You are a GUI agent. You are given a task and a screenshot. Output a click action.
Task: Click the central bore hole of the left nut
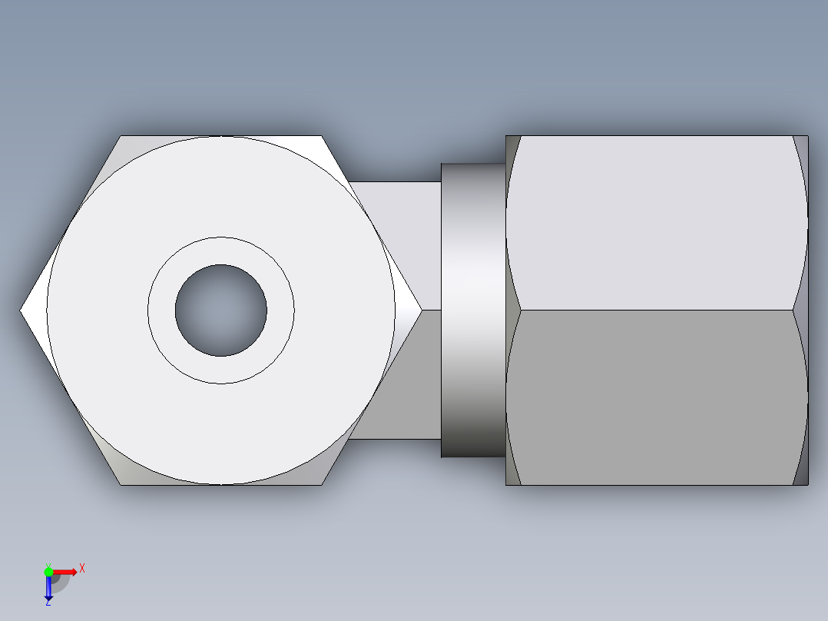click(221, 310)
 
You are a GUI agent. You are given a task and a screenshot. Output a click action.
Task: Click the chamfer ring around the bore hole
click(221, 251)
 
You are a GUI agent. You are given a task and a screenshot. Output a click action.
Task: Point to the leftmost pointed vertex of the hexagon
click(22, 310)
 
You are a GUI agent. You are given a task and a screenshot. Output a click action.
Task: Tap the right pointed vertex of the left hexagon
click(420, 310)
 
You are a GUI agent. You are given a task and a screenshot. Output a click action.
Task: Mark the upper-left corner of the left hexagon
click(121, 138)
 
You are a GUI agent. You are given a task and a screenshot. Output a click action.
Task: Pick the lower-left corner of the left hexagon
click(121, 483)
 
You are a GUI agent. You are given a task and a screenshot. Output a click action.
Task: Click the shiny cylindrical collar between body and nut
click(473, 310)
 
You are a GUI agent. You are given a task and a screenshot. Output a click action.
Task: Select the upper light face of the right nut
click(657, 223)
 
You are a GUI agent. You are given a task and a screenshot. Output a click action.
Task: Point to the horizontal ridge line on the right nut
click(657, 310)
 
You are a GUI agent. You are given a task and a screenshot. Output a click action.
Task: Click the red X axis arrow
click(66, 571)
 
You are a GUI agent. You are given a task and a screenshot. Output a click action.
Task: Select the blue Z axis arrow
click(48, 588)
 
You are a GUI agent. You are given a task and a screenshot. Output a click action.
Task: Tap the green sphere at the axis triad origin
click(48, 571)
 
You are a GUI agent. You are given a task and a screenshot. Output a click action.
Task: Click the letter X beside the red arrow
click(81, 569)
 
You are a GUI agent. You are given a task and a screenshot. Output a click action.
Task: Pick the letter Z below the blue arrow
click(48, 603)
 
